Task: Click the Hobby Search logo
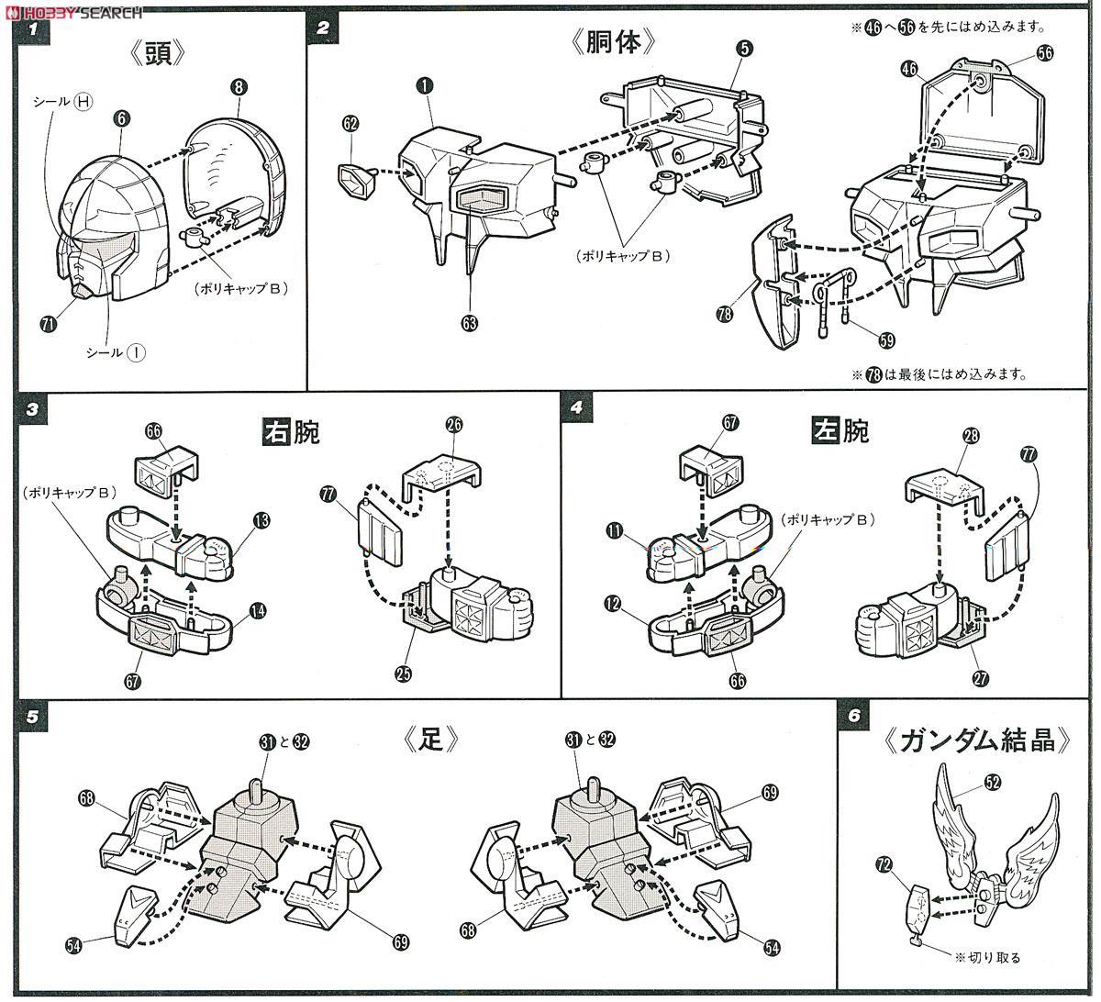(73, 11)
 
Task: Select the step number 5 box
(33, 718)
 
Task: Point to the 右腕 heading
(291, 431)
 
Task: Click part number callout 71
(48, 323)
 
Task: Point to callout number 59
(885, 340)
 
